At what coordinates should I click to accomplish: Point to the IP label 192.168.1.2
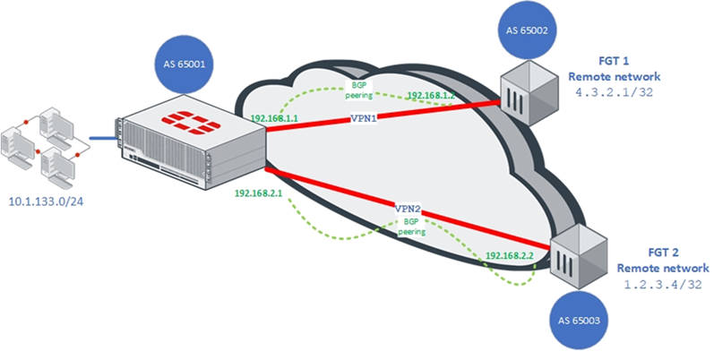(433, 94)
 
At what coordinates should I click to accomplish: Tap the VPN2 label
(409, 207)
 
